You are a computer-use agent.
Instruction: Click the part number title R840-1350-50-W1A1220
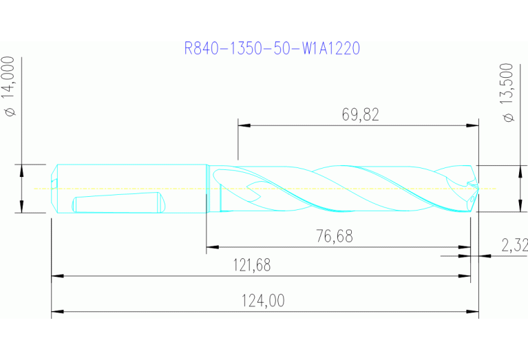pos(273,49)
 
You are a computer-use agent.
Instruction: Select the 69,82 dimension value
pos(360,115)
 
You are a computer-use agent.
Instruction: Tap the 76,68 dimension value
pos(334,236)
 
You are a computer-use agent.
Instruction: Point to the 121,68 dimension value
pos(252,266)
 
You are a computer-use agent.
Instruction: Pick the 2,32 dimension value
pos(514,244)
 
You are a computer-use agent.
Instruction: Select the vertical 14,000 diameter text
pos(11,80)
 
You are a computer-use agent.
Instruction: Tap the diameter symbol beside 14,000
pos(11,113)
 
